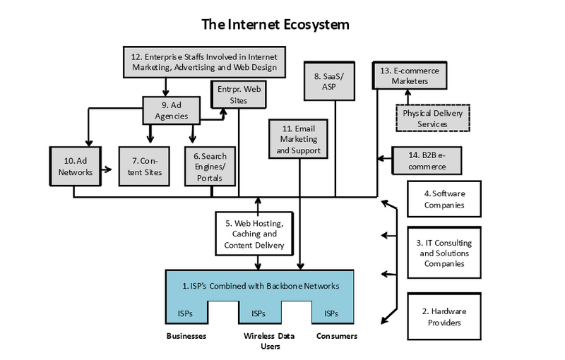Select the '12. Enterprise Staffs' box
coord(204,62)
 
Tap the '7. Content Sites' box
coord(144,165)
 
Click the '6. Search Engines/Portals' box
coord(208,166)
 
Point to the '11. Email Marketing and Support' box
coord(302,139)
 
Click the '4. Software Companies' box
coord(444,198)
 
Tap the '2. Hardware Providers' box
coord(444,316)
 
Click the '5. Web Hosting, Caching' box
coord(254,234)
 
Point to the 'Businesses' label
coord(186,337)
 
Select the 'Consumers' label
coord(335,337)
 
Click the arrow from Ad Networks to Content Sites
coord(106,169)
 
